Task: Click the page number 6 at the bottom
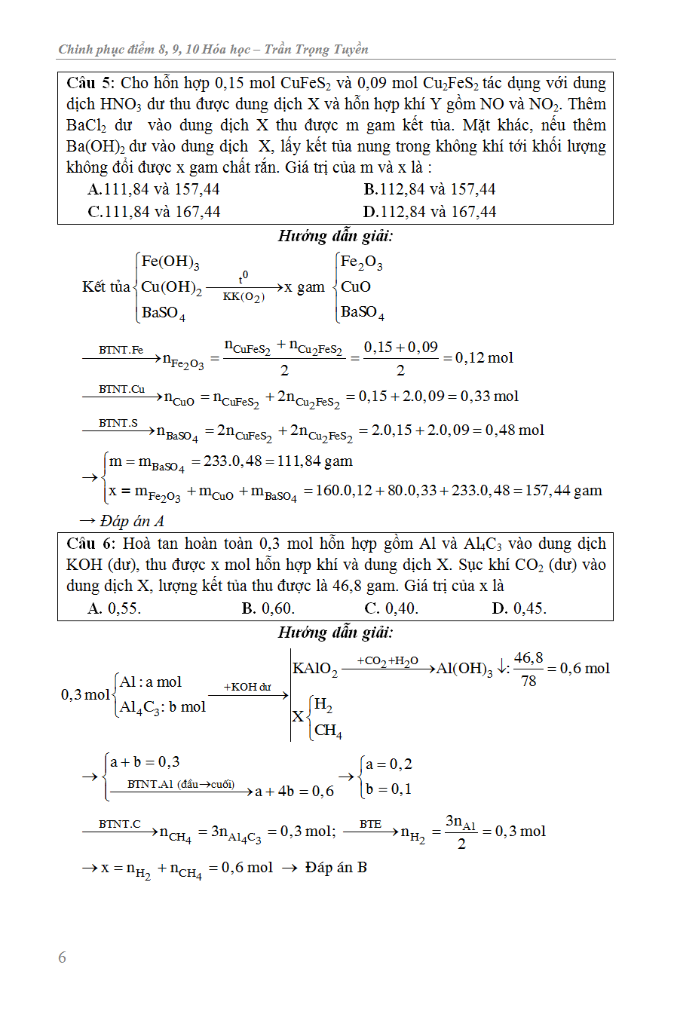[62, 957]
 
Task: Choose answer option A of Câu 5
[154, 190]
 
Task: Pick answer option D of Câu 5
[430, 212]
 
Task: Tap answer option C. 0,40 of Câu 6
[391, 608]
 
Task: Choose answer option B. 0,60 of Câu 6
[268, 608]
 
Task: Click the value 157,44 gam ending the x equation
[565, 491]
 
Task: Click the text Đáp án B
[336, 868]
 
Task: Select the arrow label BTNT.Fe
[121, 350]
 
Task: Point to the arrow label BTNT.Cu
[121, 389]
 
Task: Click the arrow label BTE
[370, 824]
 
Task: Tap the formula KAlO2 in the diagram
[315, 669]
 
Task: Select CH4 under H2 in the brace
[328, 730]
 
